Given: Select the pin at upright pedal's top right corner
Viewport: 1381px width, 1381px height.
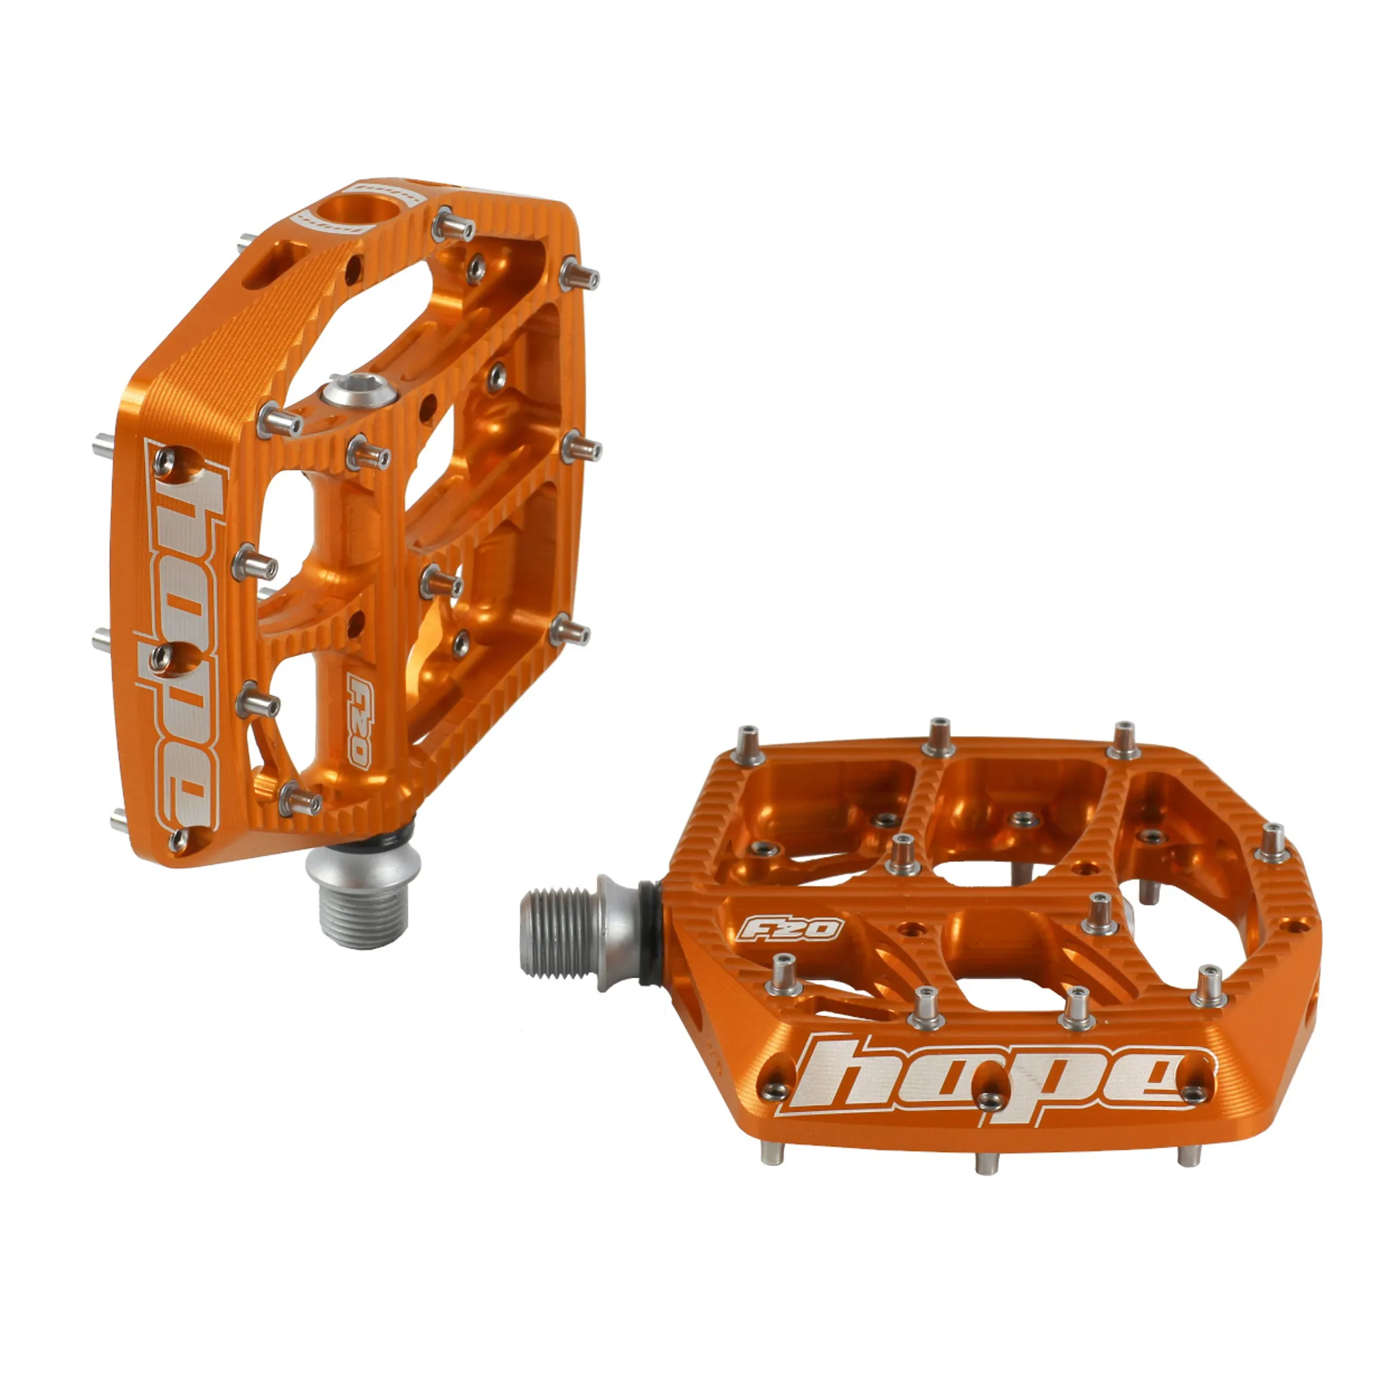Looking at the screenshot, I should tap(579, 273).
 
